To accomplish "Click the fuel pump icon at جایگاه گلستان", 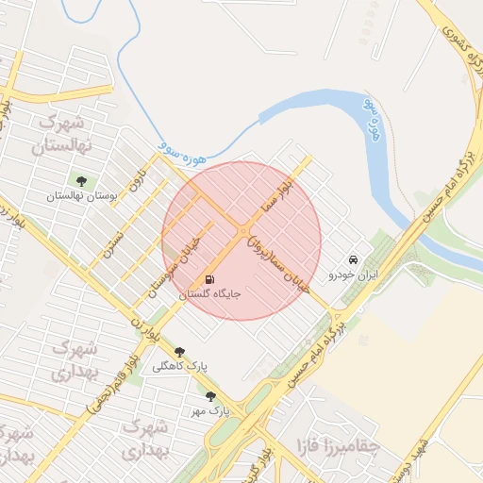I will pos(208,280).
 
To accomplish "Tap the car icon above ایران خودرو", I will pos(353,259).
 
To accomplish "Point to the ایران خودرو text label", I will pos(352,275).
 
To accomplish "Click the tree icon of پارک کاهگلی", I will pos(179,352).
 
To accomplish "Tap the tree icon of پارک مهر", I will pos(209,397).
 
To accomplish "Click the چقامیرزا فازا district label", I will pos(337,444).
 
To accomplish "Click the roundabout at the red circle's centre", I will pos(242,230).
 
